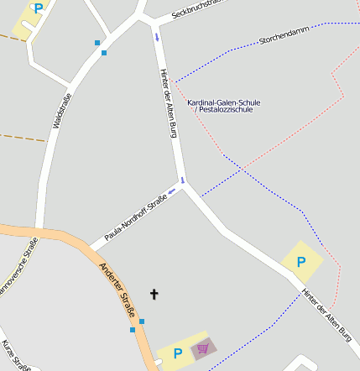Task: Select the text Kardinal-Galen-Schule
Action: coord(223,102)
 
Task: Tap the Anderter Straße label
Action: coord(117,286)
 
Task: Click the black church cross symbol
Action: coord(154,294)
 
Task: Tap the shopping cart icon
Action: coord(201,347)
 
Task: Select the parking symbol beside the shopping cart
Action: coord(177,353)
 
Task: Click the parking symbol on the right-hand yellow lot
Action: coord(301,262)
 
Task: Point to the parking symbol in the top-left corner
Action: coord(38,8)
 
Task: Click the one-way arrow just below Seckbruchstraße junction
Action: coord(156,37)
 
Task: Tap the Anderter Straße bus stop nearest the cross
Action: coord(142,321)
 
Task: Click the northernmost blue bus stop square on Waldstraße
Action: coord(97,42)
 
